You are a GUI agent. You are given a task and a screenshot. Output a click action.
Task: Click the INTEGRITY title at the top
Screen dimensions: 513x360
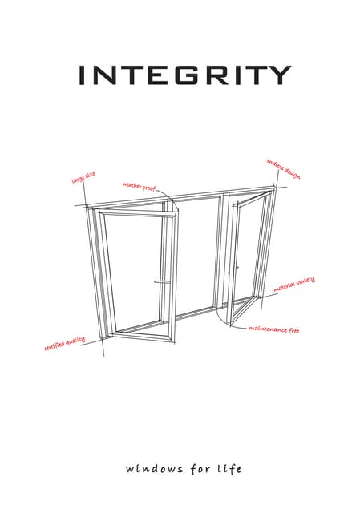click(x=184, y=75)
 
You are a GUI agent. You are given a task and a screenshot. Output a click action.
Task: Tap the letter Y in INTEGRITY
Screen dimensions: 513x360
click(x=278, y=75)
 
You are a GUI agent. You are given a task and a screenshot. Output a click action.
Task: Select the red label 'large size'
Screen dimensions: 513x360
click(x=83, y=176)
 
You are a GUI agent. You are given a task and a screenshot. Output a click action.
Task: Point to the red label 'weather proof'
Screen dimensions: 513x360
click(x=139, y=186)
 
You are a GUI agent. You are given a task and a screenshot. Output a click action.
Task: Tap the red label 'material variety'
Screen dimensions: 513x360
click(x=294, y=285)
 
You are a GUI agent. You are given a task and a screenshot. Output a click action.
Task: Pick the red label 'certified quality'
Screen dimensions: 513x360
click(x=64, y=345)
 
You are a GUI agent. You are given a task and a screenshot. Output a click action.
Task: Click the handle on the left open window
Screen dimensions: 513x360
click(x=160, y=282)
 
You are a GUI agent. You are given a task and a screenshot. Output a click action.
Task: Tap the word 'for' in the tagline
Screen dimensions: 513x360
click(x=195, y=467)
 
